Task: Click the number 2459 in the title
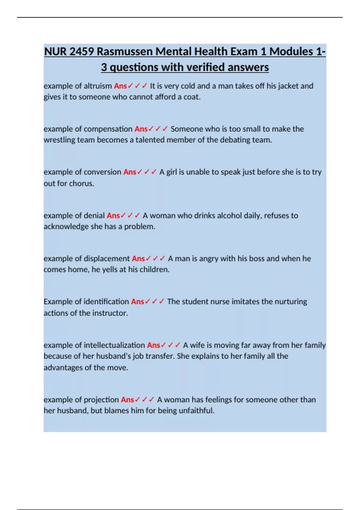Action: [x=82, y=52]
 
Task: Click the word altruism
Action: [x=97, y=86]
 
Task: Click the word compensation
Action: [x=108, y=129]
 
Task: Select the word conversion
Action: [x=102, y=172]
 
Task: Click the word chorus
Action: [x=81, y=183]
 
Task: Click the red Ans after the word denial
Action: [x=113, y=216]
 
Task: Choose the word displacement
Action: [x=106, y=259]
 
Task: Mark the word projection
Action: [x=101, y=400]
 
